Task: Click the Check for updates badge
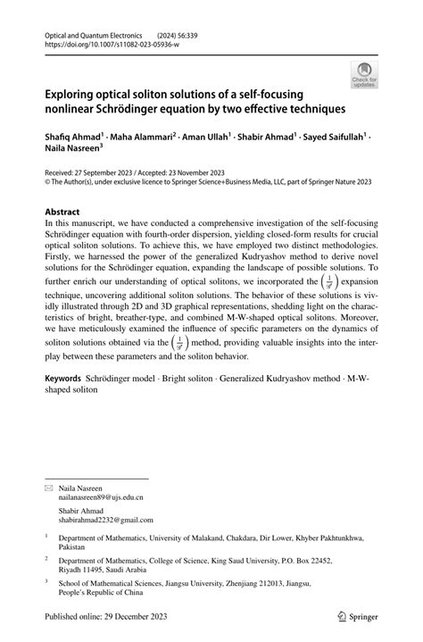click(x=364, y=75)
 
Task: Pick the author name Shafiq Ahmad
click(x=72, y=140)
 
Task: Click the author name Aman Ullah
click(x=203, y=140)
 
